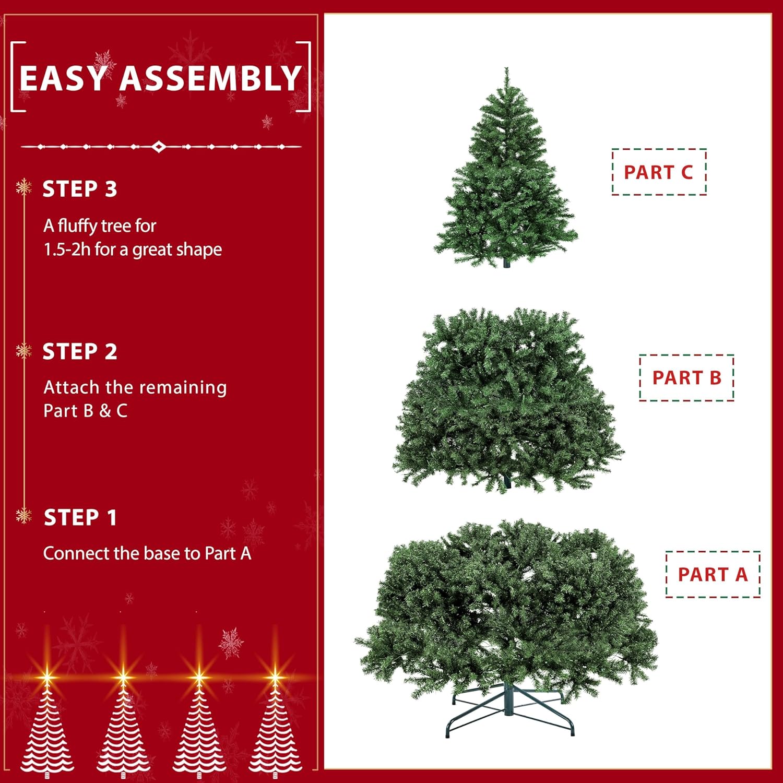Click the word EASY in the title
click(62, 78)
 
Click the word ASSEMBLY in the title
click(211, 78)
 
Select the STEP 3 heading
click(79, 189)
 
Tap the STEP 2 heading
click(79, 352)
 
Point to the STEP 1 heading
click(80, 518)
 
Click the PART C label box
click(659, 172)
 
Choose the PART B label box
click(686, 377)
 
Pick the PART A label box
click(713, 574)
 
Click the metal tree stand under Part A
click(509, 710)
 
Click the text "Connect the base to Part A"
click(147, 553)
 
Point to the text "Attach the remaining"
click(135, 387)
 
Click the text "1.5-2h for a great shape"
click(133, 250)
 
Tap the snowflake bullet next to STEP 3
click(23, 187)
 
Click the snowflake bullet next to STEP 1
click(23, 516)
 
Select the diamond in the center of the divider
click(159, 147)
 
